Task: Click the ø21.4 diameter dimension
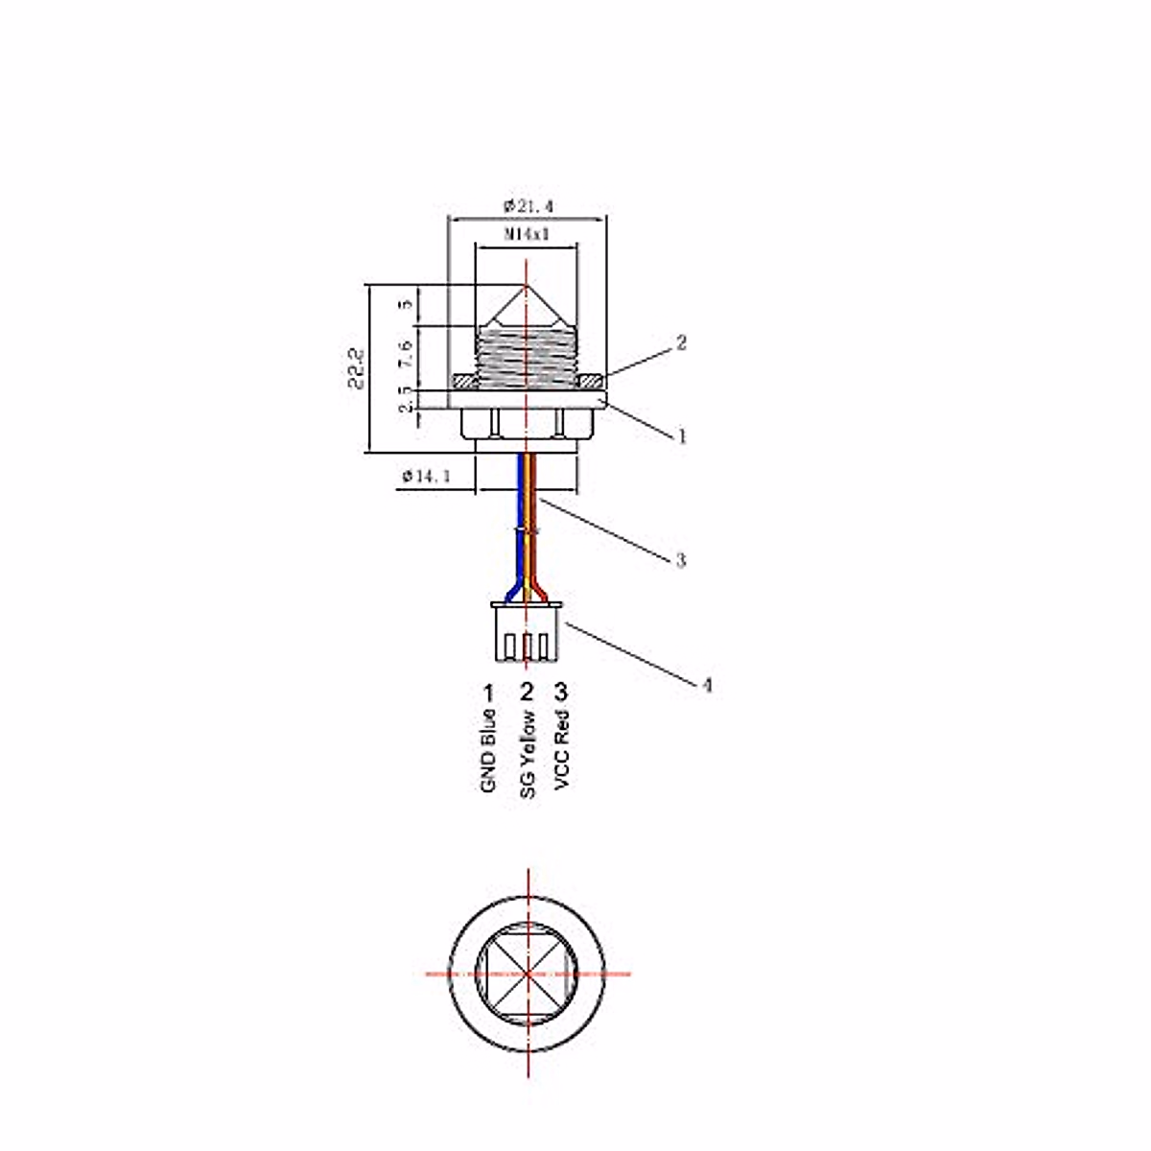528,205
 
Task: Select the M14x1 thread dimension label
527,233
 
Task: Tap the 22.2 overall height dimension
358,367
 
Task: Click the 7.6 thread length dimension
406,352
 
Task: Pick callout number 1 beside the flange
682,436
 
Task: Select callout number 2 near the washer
681,342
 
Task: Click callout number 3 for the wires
680,560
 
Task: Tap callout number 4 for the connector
707,685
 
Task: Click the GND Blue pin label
488,751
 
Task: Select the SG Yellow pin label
527,755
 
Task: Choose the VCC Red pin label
562,750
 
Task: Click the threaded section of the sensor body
527,353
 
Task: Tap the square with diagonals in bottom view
528,975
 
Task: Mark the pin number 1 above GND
488,692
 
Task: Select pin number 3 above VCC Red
561,692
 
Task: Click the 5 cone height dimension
406,304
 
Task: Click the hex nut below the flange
526,424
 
